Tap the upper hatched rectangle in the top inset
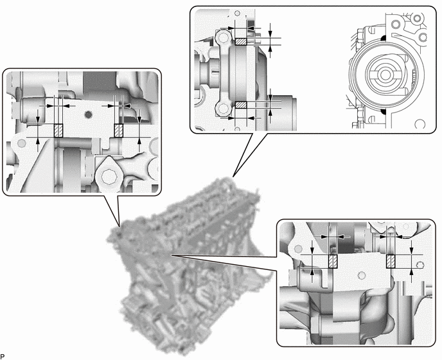point(241,41)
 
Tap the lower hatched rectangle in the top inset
point(241,104)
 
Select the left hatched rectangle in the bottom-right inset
point(333,262)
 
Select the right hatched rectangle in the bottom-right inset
point(391,262)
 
